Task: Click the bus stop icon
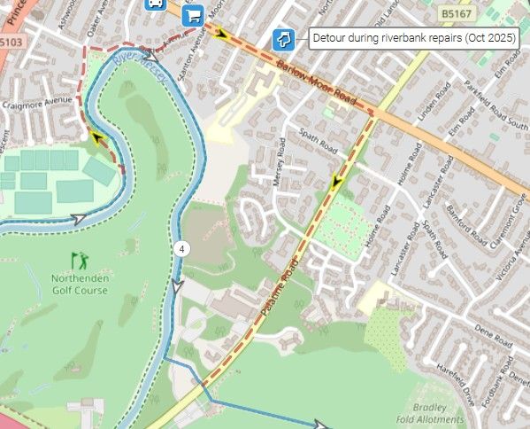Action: (x=154, y=3)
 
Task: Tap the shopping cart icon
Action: (x=192, y=15)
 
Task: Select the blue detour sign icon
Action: (x=283, y=38)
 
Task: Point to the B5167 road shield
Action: (x=457, y=14)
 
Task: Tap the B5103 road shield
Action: (x=11, y=41)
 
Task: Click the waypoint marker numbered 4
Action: (x=182, y=249)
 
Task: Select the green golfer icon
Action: (x=80, y=261)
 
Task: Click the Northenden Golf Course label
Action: (x=81, y=284)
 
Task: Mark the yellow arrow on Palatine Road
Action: (x=336, y=183)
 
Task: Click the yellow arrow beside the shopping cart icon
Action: (x=220, y=34)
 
